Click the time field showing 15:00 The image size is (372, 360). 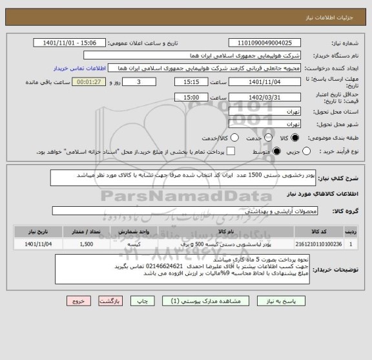pos(191,96)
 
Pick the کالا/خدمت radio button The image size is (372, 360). pos(234,138)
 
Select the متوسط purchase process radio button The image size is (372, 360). pos(277,151)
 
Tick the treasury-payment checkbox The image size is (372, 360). pos(231,151)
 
